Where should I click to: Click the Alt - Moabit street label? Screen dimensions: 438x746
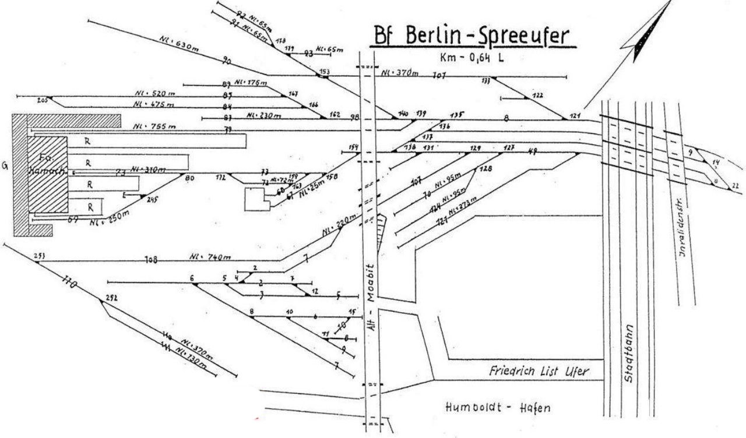[x=374, y=297]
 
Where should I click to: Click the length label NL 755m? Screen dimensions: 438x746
[x=154, y=126]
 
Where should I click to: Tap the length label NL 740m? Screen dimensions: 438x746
[x=210, y=257]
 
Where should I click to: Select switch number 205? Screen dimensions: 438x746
[x=42, y=100]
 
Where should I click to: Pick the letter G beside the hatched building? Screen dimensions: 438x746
[x=5, y=166]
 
